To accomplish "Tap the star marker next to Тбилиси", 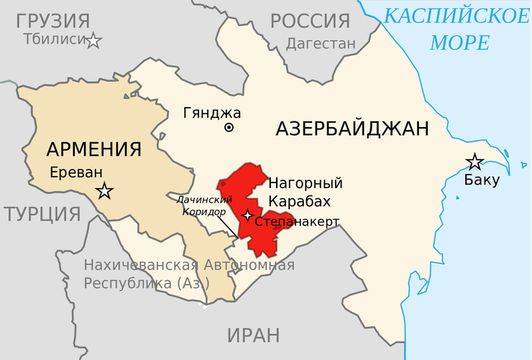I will (x=93, y=40).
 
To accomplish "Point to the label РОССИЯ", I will (x=311, y=21).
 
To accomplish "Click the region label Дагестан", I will (x=321, y=44).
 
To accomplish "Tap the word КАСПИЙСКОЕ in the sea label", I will (x=456, y=15).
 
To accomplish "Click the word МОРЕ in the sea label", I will (x=459, y=42).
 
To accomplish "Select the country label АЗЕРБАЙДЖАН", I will (x=352, y=129).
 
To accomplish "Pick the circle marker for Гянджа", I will (x=229, y=128).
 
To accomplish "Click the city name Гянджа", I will (x=212, y=113).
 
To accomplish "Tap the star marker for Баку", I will (x=474, y=162).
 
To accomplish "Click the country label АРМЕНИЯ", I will (x=93, y=149).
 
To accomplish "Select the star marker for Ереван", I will (x=105, y=190).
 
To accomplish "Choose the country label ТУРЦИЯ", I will (x=40, y=213).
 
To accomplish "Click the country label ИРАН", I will (x=253, y=335).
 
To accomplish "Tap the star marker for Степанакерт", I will (x=247, y=215).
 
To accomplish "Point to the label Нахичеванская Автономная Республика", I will (x=188, y=274).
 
